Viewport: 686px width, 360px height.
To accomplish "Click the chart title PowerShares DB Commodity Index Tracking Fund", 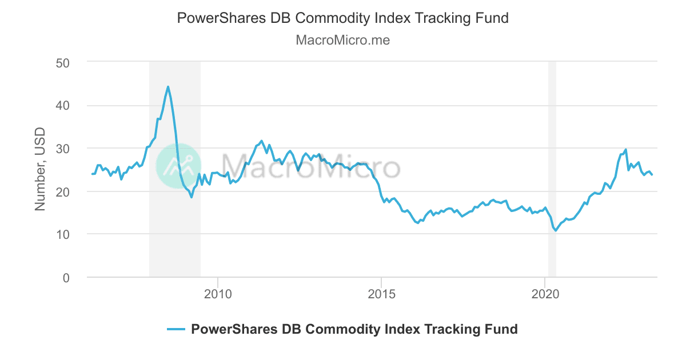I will pos(342,18).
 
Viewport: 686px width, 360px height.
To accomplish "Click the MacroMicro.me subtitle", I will pos(342,41).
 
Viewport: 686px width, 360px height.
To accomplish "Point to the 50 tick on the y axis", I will pos(62,62).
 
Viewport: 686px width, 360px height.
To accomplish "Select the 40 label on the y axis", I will pos(62,105).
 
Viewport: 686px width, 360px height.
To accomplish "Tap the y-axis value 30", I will pos(62,148).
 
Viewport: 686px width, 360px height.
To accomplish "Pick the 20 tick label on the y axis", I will pos(62,191).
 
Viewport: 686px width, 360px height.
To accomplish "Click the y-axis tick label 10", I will pos(62,234).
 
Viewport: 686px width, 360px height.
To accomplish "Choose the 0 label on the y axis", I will pos(66,278).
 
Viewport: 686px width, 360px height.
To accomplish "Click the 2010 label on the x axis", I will pos(217,294).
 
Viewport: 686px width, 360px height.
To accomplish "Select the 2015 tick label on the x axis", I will pos(381,294).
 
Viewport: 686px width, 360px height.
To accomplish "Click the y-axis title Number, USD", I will pos(40,170).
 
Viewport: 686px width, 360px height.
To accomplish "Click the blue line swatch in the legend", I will pos(176,329).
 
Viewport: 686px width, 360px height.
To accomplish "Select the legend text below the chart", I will pos(354,329).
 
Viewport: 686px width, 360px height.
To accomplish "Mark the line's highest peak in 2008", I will pos(168,87).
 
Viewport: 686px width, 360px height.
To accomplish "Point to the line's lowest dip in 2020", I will pos(555,231).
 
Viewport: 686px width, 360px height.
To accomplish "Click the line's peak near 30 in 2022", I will pos(626,150).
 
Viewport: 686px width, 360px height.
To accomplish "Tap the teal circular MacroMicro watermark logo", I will pos(178,166).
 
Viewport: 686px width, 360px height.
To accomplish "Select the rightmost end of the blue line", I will pos(652,174).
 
